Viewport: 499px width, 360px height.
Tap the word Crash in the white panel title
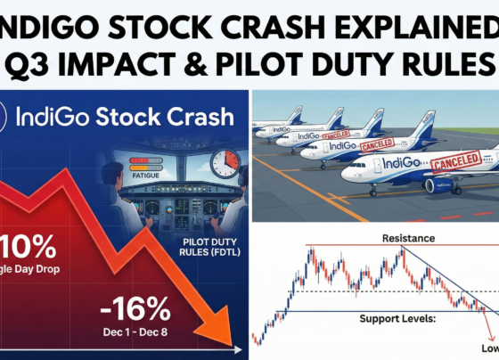tap(200, 116)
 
